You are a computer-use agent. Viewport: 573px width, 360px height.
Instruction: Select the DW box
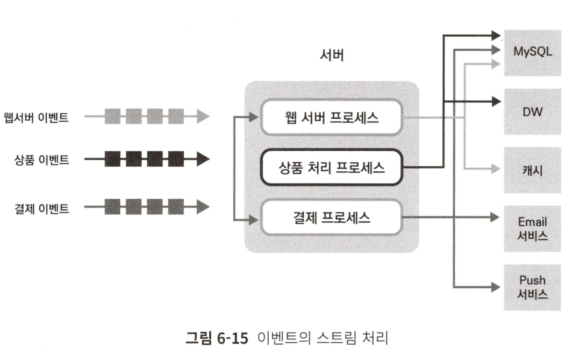click(x=532, y=111)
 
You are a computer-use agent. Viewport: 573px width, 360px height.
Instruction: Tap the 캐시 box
click(x=532, y=169)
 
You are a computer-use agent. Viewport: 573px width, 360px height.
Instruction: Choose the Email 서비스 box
click(x=532, y=228)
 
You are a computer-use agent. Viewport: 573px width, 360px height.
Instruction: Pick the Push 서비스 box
click(x=532, y=287)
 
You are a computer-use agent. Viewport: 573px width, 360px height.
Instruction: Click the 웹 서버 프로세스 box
click(x=331, y=117)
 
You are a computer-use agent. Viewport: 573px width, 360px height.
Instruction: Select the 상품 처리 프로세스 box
click(x=331, y=168)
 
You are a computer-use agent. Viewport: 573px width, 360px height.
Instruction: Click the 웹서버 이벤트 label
click(x=36, y=117)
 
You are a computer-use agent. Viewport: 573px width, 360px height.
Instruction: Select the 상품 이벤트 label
click(x=42, y=160)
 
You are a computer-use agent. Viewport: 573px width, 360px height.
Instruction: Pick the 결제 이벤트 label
click(x=42, y=208)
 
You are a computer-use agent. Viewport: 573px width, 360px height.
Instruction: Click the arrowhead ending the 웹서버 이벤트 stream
click(x=203, y=117)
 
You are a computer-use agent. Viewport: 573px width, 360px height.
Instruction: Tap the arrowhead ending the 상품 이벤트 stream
click(x=203, y=160)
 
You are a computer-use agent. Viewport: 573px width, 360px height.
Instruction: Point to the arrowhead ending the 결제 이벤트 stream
click(x=203, y=208)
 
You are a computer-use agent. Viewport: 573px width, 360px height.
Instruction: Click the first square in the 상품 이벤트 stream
click(x=112, y=160)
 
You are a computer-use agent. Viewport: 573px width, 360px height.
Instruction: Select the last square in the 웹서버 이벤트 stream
click(x=176, y=117)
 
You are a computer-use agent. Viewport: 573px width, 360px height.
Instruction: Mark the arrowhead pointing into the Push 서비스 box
click(x=495, y=287)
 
